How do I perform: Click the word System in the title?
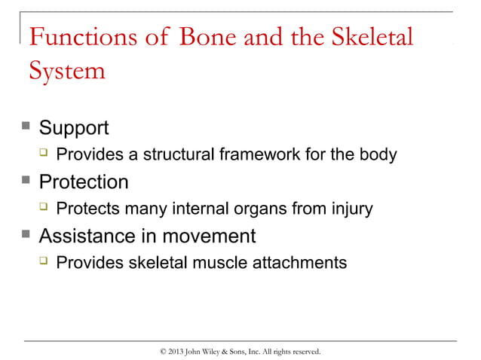point(66,72)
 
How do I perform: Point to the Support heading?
point(73,128)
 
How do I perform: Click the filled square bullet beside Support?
point(27,127)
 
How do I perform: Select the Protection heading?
point(83,182)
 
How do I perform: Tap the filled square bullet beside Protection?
point(27,182)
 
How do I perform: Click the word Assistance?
point(89,236)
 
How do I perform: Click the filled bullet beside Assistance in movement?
point(27,236)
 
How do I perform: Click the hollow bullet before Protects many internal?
point(44,209)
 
